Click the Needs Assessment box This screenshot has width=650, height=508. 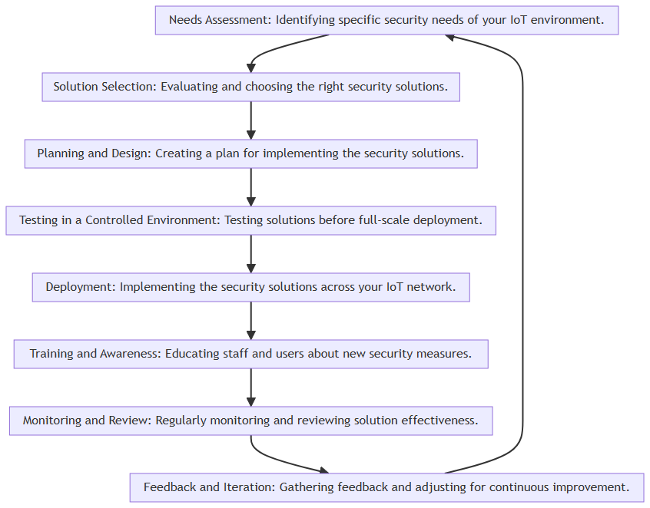(386, 20)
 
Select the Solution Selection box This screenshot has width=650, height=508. (250, 87)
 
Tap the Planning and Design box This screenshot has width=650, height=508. (250, 153)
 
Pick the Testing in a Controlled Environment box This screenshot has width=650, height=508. (250, 221)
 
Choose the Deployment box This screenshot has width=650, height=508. (250, 287)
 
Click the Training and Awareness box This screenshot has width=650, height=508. (250, 354)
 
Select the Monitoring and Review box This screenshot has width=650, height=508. (250, 421)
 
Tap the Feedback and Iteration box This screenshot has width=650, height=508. (386, 488)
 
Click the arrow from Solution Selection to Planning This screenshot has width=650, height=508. (250, 120)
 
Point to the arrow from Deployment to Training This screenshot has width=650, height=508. (250, 321)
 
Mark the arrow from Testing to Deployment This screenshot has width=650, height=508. (250, 254)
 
